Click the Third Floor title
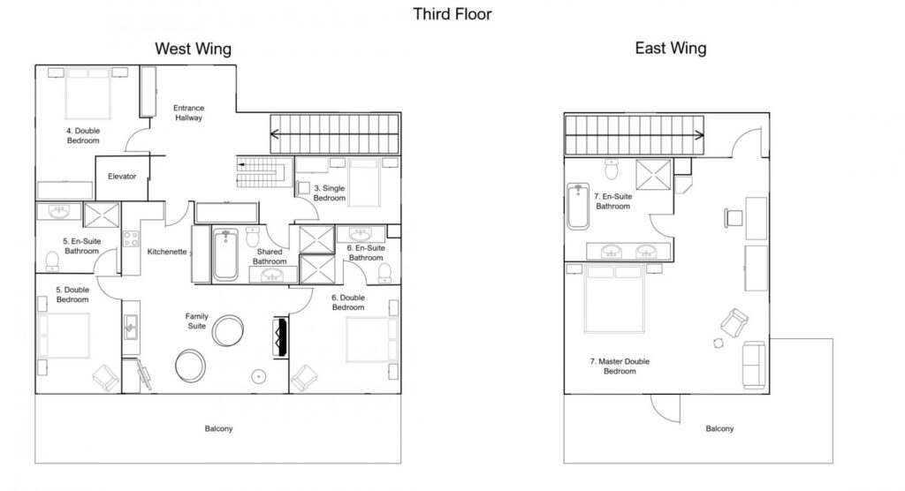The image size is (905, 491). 452,14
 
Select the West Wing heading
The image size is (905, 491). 194,49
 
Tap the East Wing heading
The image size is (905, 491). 670,49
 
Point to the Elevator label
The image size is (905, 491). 122,177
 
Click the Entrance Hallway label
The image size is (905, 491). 189,113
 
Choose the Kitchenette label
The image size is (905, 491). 167,252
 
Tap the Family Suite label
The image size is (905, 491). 196,321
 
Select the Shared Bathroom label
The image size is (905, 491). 270,256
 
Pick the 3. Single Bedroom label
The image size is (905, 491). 331,193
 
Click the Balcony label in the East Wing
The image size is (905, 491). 719,429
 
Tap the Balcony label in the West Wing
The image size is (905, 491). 218,429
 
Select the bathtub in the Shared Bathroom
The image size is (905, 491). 225,254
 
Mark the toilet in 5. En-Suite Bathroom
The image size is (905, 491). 52,259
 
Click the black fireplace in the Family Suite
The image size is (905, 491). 282,336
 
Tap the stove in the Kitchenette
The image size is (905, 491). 130,238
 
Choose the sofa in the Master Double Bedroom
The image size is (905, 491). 755,365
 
